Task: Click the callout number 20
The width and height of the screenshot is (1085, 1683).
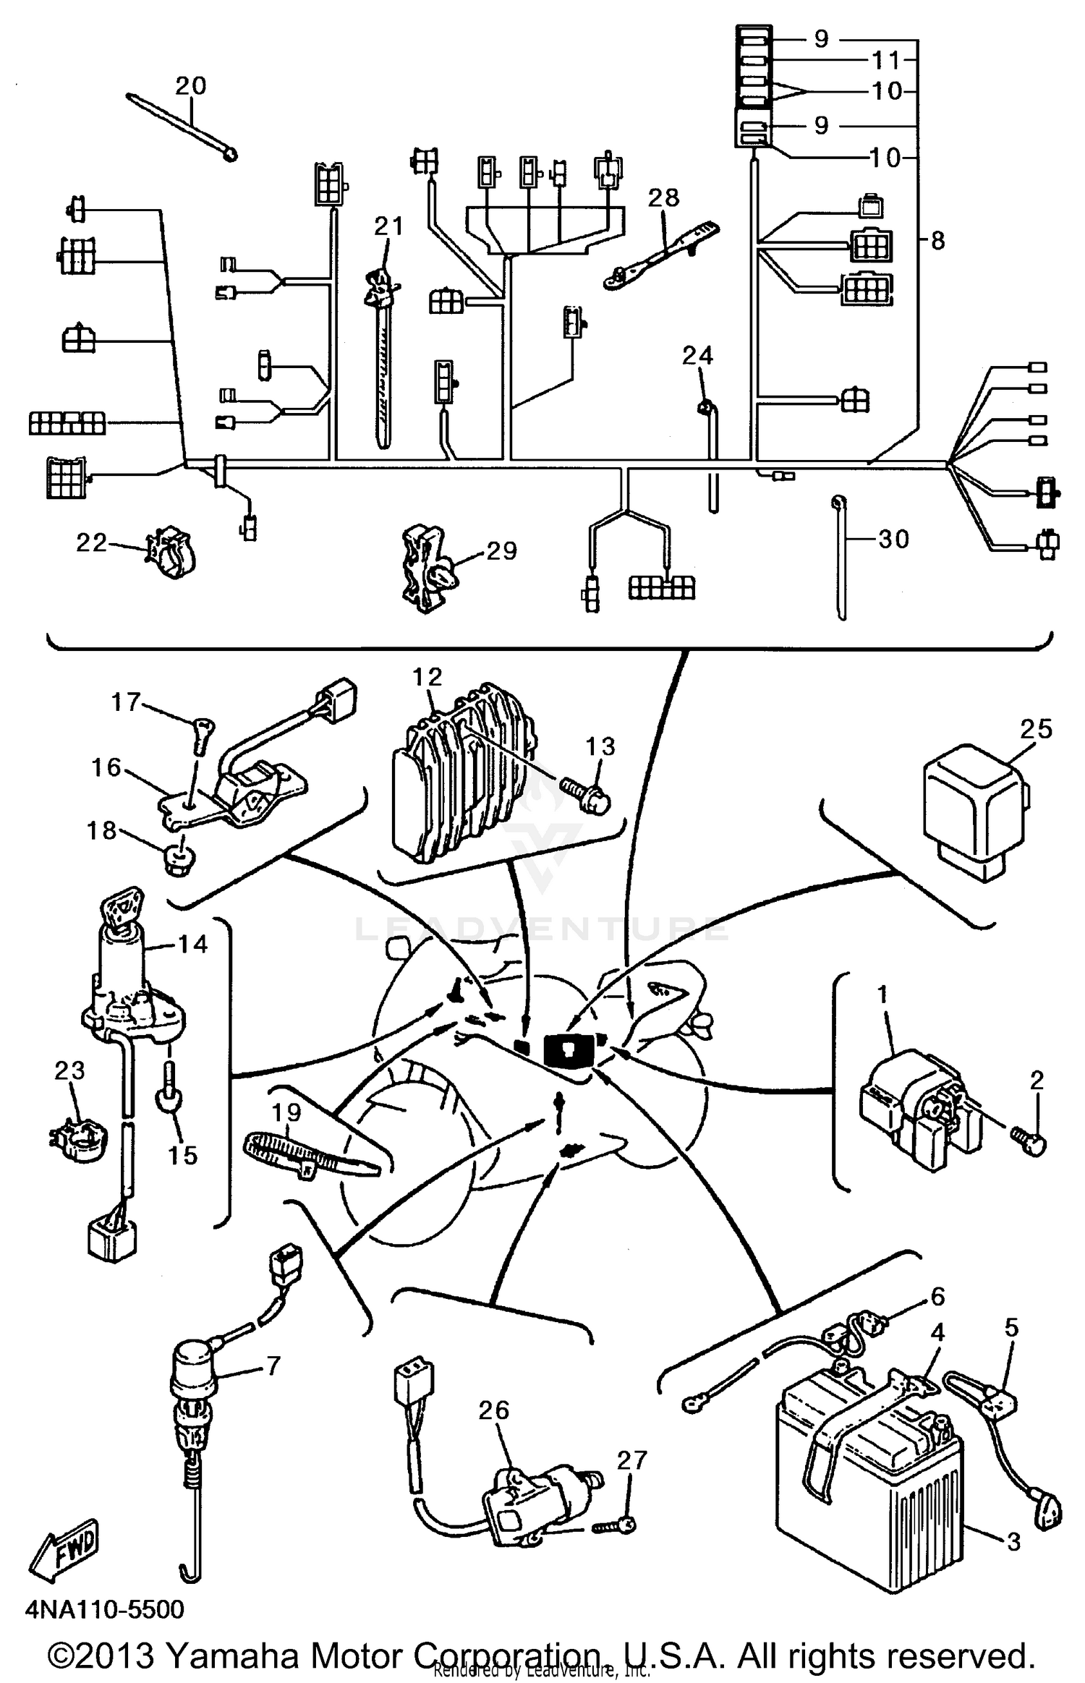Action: [x=191, y=86]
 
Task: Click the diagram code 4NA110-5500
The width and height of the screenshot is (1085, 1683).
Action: [x=105, y=1610]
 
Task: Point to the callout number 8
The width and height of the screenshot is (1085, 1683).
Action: [x=938, y=241]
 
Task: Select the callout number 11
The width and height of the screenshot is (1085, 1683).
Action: [x=887, y=60]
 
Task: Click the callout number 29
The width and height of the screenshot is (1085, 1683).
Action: [x=501, y=551]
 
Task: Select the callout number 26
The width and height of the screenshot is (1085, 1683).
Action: [x=494, y=1410]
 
